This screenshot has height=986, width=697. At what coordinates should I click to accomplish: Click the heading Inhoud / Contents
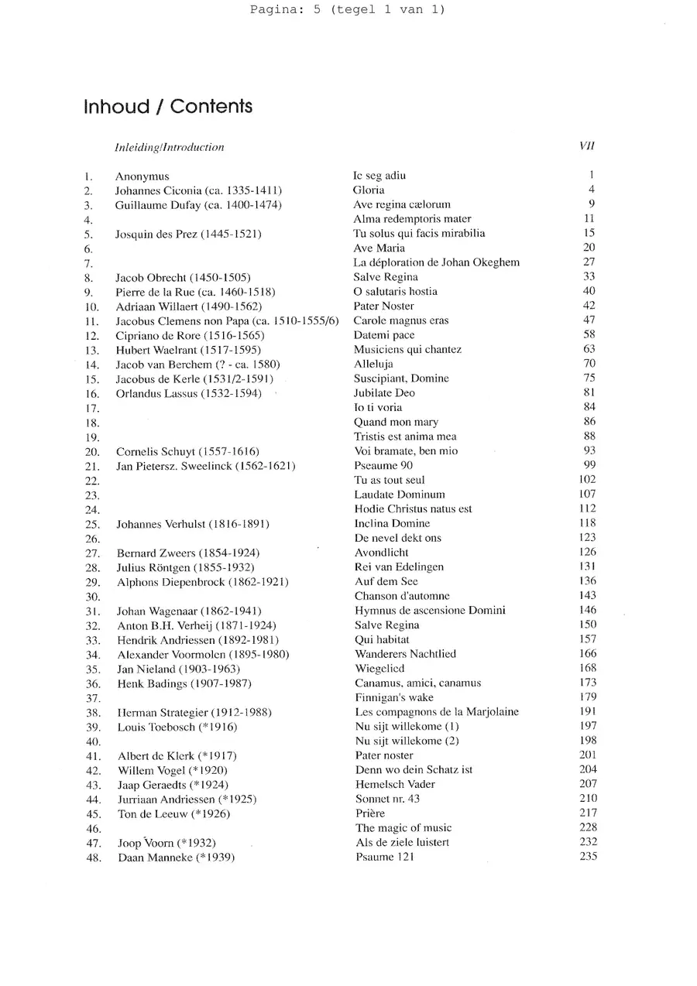pos(168,107)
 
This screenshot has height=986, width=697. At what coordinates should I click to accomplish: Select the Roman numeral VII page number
pos(586,146)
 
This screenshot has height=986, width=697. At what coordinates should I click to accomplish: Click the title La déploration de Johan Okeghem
pos(436,262)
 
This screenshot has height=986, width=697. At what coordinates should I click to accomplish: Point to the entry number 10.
pos(91,306)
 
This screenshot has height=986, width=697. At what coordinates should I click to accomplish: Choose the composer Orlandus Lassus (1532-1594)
pos(188,393)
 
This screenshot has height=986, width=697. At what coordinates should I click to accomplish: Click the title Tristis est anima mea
pos(405,437)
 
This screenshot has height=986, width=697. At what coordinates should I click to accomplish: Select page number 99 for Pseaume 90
pos(589,465)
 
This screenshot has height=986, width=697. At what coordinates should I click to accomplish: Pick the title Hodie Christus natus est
pos(413,509)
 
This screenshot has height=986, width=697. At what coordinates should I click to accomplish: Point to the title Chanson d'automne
pos(402,596)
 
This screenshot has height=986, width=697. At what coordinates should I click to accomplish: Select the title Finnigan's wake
pos(394,697)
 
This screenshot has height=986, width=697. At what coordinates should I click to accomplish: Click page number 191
pos(588,712)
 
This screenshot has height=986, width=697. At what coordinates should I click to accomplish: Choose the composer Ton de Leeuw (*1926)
pos(173,813)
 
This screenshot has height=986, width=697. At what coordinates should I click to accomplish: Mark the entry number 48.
pos(94,858)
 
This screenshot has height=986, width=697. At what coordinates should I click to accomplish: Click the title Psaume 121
pos(385,858)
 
